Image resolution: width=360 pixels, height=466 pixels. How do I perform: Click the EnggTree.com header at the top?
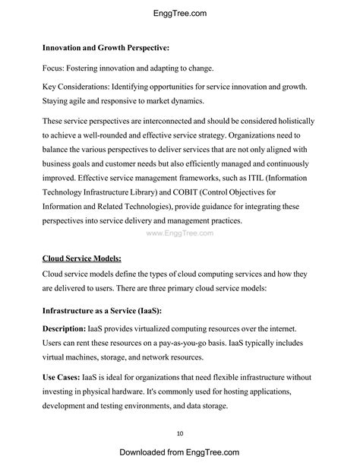click(180, 13)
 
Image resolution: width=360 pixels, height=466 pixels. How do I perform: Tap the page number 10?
click(180, 433)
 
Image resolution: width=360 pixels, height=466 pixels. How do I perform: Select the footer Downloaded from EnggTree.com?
click(180, 453)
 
